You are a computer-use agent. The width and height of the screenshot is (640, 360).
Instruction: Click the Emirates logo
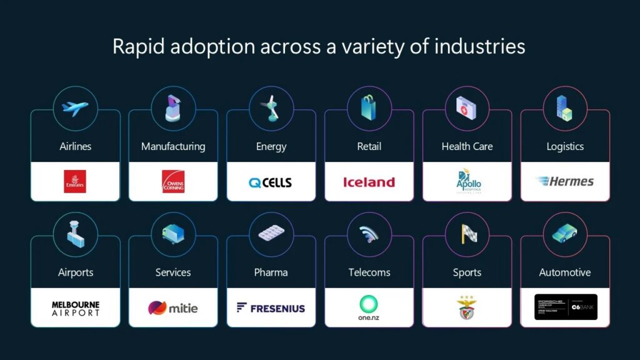pos(75,181)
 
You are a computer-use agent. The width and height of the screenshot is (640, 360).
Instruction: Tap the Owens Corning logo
pos(173,181)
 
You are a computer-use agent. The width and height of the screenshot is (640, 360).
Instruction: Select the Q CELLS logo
pos(271,182)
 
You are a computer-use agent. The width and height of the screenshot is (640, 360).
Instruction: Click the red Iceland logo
pos(369,182)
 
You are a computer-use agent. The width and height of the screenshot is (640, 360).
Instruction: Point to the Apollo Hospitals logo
pos(467,182)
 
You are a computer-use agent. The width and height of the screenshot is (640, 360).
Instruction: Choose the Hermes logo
pos(565,182)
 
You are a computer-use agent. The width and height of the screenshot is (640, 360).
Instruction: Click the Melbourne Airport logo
pos(75,308)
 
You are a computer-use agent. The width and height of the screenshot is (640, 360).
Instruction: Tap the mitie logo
pos(173,308)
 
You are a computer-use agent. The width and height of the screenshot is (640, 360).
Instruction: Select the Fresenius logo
pos(271,308)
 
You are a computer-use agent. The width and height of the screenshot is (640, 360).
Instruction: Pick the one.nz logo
pos(369,307)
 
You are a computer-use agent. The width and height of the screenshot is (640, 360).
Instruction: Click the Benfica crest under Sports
pos(467,308)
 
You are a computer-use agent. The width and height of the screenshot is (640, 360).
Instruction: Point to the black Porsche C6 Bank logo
pos(565,307)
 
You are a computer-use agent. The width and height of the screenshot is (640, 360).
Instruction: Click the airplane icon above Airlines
pos(75,109)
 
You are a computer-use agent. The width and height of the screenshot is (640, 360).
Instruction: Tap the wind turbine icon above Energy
pos(271,109)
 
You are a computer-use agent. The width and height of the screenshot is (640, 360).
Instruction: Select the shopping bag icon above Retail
pos(369,109)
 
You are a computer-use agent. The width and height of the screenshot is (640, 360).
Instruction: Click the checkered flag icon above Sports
pos(467,234)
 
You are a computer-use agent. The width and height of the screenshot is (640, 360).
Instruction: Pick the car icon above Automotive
pos(565,234)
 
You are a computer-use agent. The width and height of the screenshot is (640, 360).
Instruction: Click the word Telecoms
pos(369,272)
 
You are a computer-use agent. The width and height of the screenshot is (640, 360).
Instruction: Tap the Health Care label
pos(467,147)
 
